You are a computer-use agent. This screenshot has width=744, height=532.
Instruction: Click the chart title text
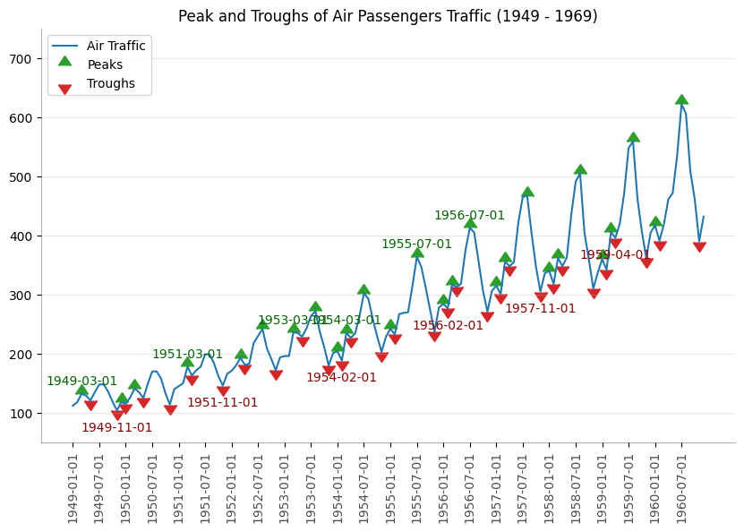[x=388, y=17]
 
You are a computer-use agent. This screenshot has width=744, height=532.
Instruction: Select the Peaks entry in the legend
[x=105, y=64]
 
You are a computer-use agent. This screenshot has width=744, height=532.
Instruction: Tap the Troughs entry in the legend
[x=111, y=83]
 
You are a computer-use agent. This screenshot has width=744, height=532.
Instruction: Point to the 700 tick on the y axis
[x=21, y=59]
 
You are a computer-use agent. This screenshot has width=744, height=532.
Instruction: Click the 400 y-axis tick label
[x=21, y=236]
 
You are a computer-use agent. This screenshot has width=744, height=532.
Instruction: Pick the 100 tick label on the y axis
[x=21, y=414]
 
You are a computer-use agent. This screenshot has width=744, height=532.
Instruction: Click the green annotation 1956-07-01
[x=469, y=216]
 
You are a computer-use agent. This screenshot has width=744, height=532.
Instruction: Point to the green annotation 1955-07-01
[x=416, y=245]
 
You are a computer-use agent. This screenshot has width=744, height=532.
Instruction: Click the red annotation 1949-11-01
[x=116, y=428]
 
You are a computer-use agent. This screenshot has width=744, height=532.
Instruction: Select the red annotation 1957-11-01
[x=540, y=309]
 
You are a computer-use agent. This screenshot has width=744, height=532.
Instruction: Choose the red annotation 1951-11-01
[x=222, y=403]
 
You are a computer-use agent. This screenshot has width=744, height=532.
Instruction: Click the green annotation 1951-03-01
[x=187, y=355]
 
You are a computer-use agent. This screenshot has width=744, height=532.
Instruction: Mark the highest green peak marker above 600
[x=681, y=99]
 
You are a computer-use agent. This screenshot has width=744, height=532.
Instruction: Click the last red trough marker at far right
[x=699, y=247]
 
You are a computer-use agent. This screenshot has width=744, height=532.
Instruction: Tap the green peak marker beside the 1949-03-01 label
[x=81, y=390]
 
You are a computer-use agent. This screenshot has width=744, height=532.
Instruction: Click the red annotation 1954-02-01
[x=341, y=378]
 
